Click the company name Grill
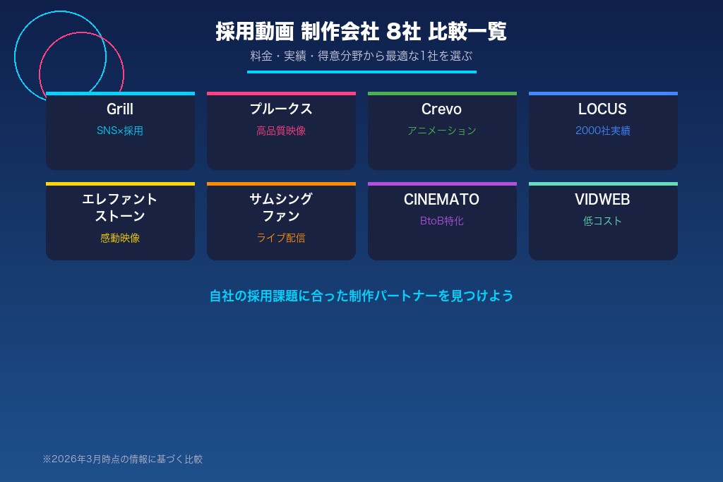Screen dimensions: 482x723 click(x=120, y=109)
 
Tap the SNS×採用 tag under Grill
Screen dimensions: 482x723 click(x=120, y=131)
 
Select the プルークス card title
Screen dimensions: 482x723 click(x=281, y=109)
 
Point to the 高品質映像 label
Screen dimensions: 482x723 click(x=281, y=131)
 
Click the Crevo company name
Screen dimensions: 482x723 click(x=441, y=109)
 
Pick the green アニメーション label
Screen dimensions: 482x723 click(x=442, y=131)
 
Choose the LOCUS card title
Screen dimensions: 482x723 click(x=602, y=109)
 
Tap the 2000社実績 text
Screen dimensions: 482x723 click(x=603, y=131)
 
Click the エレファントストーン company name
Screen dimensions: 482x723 click(x=120, y=207)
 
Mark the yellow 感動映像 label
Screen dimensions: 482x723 click(x=120, y=238)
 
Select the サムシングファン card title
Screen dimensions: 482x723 click(x=281, y=207)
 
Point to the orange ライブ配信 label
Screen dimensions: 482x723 click(x=281, y=238)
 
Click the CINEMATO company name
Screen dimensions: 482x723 click(x=441, y=200)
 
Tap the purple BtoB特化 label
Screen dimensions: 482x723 click(x=442, y=221)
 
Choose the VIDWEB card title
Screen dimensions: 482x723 click(x=602, y=200)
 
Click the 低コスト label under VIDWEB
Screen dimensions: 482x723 click(x=603, y=221)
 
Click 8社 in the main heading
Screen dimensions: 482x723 click(x=403, y=32)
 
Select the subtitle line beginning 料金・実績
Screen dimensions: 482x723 click(x=361, y=56)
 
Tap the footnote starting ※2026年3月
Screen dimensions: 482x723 click(x=122, y=459)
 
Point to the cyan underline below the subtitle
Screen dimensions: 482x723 click(x=361, y=72)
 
